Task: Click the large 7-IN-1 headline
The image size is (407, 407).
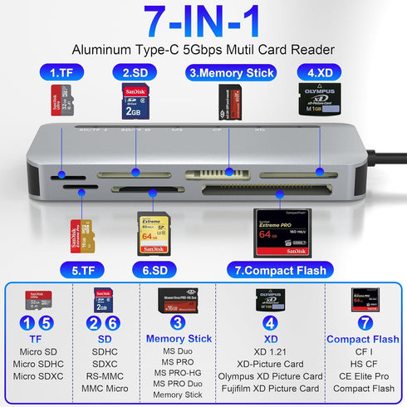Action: pyautogui.click(x=203, y=22)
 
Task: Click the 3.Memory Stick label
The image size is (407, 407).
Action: pyautogui.click(x=231, y=72)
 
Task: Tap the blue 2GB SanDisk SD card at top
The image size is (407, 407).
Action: pyautogui.click(x=135, y=102)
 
